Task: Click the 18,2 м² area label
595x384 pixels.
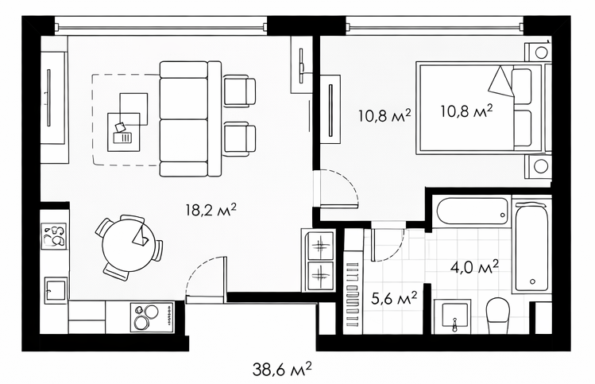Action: [x=211, y=209]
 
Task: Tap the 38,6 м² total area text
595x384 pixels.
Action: [x=282, y=368]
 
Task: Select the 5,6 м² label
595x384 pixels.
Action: [x=394, y=298]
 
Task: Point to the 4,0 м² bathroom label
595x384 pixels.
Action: [x=474, y=267]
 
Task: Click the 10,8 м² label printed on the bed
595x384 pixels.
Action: [x=467, y=111]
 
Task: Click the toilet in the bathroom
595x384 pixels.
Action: [x=498, y=316]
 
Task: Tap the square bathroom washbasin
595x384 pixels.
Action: [x=451, y=316]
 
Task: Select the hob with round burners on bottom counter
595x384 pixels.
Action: [x=152, y=317]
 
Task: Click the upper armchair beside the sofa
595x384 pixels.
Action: [x=239, y=91]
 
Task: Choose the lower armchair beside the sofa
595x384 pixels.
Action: [x=239, y=139]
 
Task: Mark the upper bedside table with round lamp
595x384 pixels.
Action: [x=538, y=52]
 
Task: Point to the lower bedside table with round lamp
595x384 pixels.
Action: [x=538, y=166]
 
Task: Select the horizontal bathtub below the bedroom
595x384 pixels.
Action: [x=473, y=211]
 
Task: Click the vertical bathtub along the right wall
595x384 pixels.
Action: [x=531, y=247]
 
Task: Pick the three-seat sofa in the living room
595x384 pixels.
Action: [x=190, y=119]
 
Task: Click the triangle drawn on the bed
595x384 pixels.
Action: [x=501, y=82]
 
